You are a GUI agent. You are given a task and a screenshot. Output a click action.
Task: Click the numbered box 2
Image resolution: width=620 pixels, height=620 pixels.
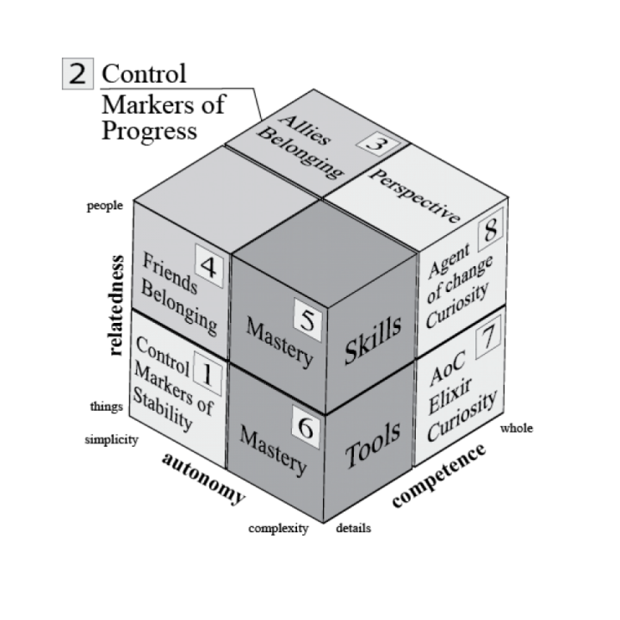pyautogui.click(x=77, y=73)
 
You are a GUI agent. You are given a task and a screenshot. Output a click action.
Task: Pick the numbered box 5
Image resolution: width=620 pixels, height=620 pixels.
pyautogui.click(x=308, y=317)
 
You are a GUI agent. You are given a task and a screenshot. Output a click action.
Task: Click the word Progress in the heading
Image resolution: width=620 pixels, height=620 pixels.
pyautogui.click(x=150, y=131)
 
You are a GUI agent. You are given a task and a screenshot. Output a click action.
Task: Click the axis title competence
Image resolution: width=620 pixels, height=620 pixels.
pyautogui.click(x=438, y=476)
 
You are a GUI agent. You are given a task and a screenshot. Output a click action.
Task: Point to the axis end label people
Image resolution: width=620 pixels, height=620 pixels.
pyautogui.click(x=104, y=206)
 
